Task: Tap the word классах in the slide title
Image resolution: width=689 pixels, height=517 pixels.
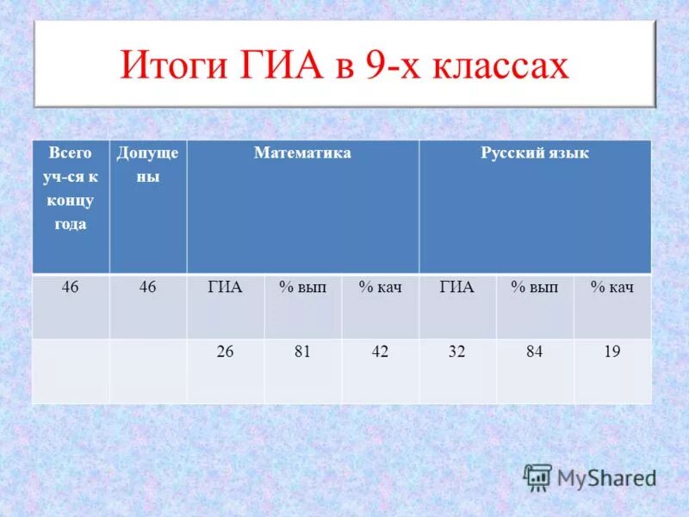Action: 503,65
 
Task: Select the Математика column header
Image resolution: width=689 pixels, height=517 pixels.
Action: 302,153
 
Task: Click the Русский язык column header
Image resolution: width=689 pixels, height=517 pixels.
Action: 534,153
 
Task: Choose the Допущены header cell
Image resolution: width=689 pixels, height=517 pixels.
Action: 148,165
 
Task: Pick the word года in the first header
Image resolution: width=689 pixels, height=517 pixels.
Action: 71,224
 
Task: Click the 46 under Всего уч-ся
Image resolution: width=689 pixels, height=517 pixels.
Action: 71,287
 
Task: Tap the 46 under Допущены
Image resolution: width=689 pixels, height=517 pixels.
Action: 148,287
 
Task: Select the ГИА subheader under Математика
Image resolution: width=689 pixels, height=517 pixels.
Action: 226,287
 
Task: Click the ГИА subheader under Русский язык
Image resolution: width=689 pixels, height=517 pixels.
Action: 457,287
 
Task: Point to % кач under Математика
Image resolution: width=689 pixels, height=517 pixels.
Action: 380,287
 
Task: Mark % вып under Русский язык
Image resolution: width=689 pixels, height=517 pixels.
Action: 535,287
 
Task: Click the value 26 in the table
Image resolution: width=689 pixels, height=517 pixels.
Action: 226,352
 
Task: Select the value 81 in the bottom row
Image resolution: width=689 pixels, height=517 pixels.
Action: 302,352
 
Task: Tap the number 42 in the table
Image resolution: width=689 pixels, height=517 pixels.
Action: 380,352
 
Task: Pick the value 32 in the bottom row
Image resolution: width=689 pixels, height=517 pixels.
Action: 457,352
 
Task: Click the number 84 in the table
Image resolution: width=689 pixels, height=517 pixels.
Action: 535,352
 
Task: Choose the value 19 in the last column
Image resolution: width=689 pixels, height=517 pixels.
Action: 611,352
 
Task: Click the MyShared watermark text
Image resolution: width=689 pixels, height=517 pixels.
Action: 605,477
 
